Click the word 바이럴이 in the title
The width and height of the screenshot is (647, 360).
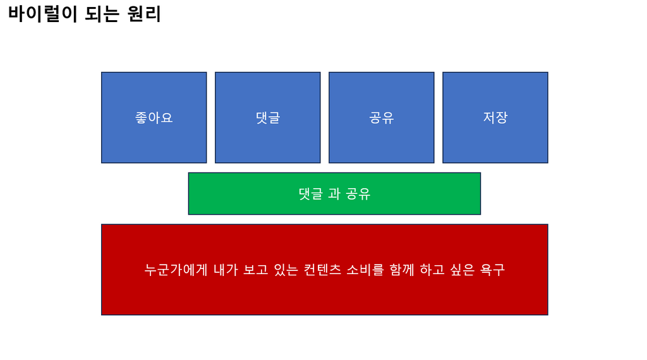point(43,14)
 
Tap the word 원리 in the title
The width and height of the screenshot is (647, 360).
point(144,14)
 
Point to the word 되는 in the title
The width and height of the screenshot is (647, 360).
point(102,14)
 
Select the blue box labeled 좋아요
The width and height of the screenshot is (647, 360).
point(154,117)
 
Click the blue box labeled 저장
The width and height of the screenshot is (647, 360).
point(495,117)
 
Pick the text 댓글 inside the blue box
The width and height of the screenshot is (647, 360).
point(268,118)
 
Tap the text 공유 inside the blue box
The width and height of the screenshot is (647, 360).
point(381,118)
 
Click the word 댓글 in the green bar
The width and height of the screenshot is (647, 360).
point(311,194)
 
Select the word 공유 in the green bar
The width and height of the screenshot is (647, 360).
point(358,194)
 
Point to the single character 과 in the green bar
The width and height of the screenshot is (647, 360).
point(334,194)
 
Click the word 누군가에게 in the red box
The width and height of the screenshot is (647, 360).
point(176,270)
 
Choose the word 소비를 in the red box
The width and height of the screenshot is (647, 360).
point(365,270)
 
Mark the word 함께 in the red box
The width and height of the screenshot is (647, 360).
point(402,270)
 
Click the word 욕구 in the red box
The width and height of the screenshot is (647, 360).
point(493,270)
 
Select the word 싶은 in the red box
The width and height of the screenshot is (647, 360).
point(462,270)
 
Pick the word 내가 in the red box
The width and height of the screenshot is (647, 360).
point(226,270)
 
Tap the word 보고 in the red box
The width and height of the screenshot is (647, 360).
point(256,270)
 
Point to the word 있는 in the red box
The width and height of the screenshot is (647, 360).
point(286,270)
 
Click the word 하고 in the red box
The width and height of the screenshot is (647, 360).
point(432,270)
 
